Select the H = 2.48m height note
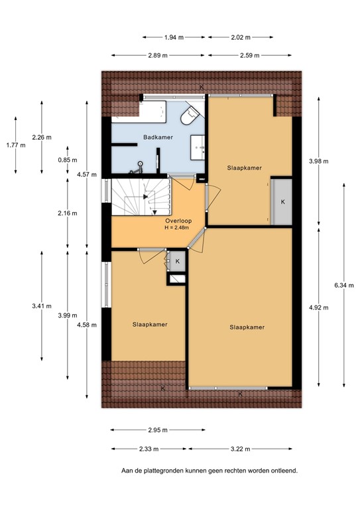pos(168,229)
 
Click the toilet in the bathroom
pos(190,117)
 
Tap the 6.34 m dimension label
pos(344,286)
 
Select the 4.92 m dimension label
pos(319,307)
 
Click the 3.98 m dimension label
pos(319,161)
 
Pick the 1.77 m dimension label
pos(15,144)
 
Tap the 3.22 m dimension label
pos(240,449)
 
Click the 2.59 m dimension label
pos(240,54)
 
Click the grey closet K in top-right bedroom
pos(282,201)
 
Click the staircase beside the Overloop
pos(141,197)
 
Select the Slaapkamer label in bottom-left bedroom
pos(149,325)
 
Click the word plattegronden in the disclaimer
pos(164,471)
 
